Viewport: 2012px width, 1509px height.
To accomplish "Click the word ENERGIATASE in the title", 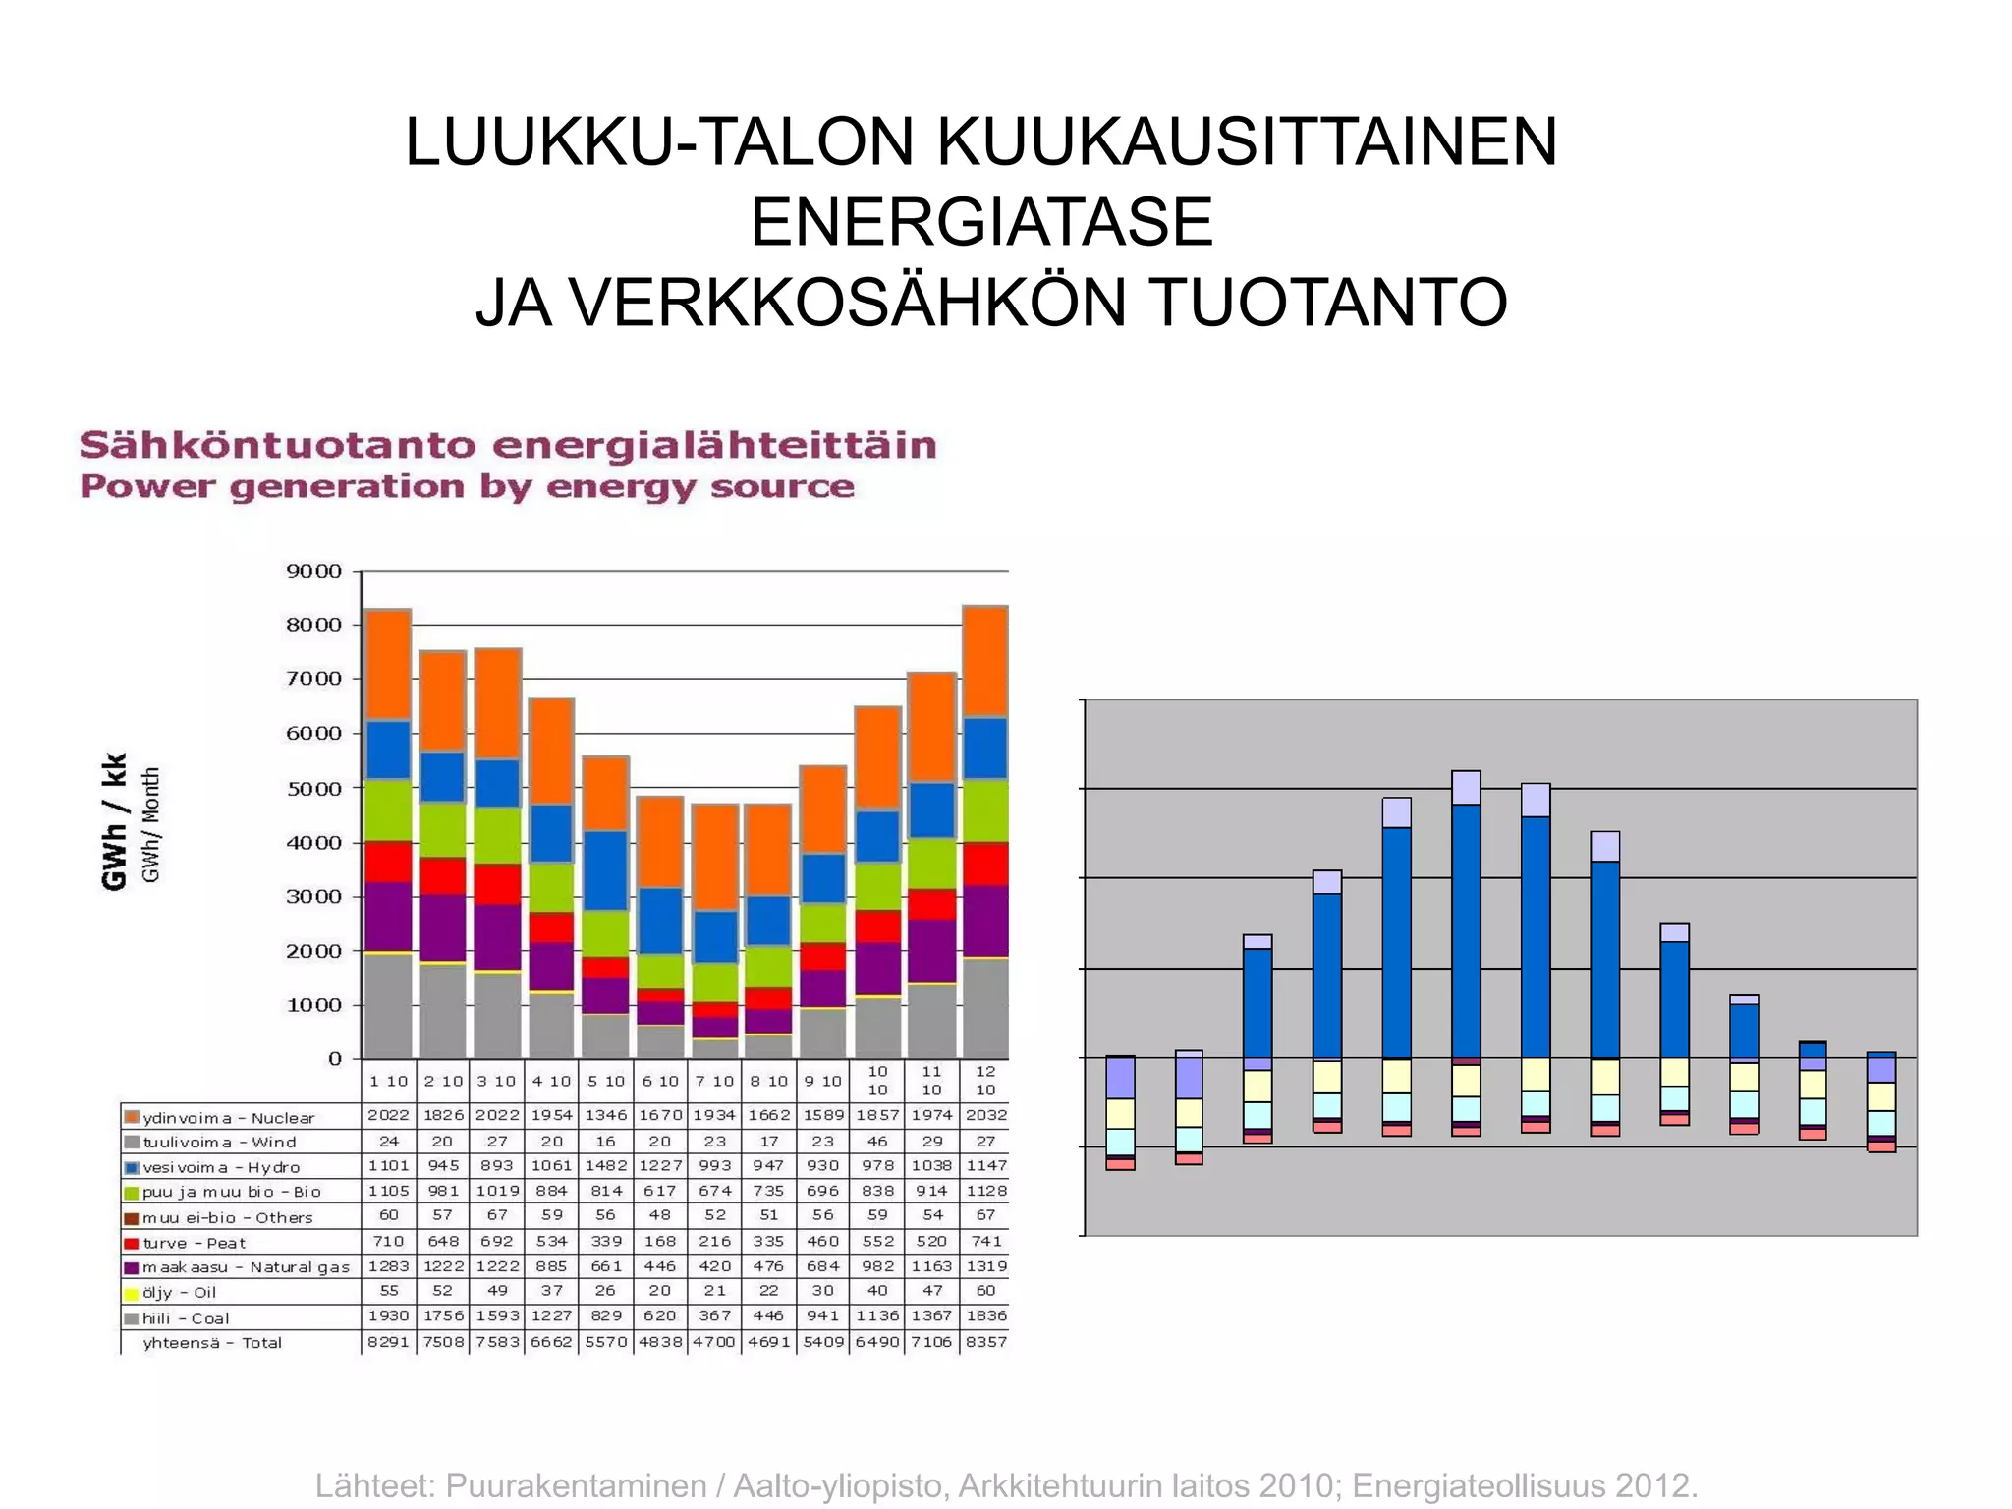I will [981, 222].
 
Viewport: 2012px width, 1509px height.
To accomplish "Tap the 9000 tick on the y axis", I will [313, 572].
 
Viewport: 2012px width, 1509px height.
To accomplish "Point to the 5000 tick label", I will [313, 789].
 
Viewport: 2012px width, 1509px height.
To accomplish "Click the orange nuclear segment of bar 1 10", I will [387, 665].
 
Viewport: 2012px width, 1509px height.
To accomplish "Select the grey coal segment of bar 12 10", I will [985, 1008].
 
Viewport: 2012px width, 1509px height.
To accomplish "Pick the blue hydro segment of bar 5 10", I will [605, 870].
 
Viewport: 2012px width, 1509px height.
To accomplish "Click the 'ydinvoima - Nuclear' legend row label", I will [228, 1118].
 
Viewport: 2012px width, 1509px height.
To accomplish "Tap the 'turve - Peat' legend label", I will [194, 1243].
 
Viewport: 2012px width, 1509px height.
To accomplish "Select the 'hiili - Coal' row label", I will [186, 1318].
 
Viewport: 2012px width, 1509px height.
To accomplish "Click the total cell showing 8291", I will [388, 1342].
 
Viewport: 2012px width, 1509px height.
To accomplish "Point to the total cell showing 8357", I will [985, 1342].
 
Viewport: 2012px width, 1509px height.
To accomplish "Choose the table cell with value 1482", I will [605, 1166].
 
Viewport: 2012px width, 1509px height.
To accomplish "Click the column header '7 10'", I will [714, 1081].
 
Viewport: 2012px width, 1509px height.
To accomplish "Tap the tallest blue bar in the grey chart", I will [1466, 928].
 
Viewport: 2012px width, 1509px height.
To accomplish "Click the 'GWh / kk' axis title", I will [115, 821].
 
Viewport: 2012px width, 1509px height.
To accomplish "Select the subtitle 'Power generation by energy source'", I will [467, 487].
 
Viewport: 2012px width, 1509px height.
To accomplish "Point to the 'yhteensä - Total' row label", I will [212, 1343].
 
